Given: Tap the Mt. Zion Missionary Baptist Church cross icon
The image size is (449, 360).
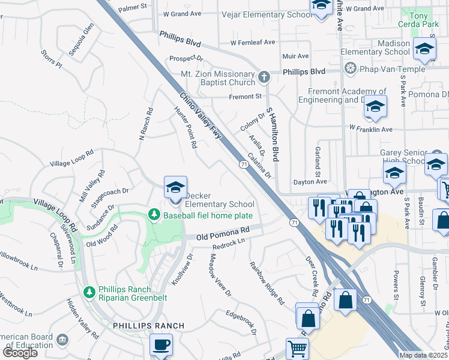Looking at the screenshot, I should click(264, 77).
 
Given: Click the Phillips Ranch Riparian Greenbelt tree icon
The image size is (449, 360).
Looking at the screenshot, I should click(89, 292).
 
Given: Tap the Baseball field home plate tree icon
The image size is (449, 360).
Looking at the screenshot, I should click(154, 215).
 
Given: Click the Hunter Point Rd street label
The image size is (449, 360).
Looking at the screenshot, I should click(185, 127).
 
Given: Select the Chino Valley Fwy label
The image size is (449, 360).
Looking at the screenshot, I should click(200, 116).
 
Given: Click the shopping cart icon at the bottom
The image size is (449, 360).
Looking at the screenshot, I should click(297, 348).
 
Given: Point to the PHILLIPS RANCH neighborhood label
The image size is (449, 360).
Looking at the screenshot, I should click(148, 325).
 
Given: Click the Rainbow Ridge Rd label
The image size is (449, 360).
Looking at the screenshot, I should click(267, 283).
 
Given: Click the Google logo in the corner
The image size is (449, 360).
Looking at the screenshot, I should click(20, 352).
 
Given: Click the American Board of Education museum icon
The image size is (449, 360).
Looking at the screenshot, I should click(62, 341).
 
